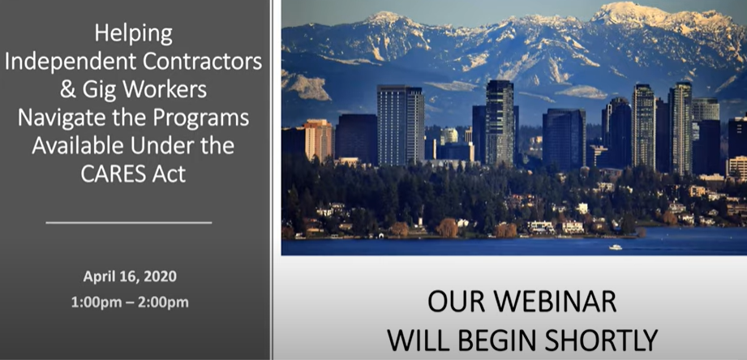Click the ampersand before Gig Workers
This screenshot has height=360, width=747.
pyautogui.click(x=67, y=90)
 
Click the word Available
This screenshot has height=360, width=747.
pyautogui.click(x=78, y=146)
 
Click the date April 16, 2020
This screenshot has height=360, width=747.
pyautogui.click(x=130, y=276)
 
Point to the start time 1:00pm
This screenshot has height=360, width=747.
pyautogui.click(x=97, y=302)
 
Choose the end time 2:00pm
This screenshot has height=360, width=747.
pyautogui.click(x=163, y=302)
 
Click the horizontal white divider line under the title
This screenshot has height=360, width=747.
pyautogui.click(x=129, y=222)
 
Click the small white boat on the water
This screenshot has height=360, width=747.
pyautogui.click(x=616, y=247)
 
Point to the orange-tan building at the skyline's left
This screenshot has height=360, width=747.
pyautogui.click(x=317, y=139)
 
